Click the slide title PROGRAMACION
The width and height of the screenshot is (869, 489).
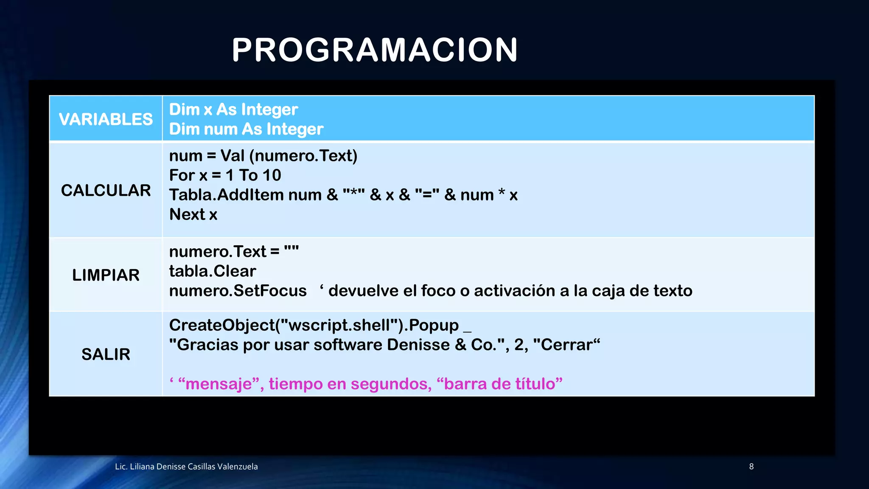pos(375,50)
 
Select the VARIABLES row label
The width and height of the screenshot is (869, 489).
pos(106,119)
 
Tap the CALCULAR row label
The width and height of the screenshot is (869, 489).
pos(106,190)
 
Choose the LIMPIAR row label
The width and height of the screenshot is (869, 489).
pos(106,275)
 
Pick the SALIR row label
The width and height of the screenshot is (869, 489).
pos(106,354)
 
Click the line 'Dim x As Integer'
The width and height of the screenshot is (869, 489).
pos(233,110)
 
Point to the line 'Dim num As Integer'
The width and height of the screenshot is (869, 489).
pos(246,129)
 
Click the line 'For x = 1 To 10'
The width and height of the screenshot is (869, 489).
pos(225,175)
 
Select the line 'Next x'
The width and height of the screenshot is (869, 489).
pos(193,214)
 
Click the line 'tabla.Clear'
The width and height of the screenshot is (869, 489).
pos(213,271)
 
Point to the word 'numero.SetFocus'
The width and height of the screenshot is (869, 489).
pos(238,291)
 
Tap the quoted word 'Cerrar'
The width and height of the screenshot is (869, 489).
pos(566,345)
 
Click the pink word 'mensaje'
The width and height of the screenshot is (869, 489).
pos(219,384)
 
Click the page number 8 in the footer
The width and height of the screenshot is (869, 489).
pos(751,467)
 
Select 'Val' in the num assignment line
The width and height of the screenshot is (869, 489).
pos(233,156)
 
